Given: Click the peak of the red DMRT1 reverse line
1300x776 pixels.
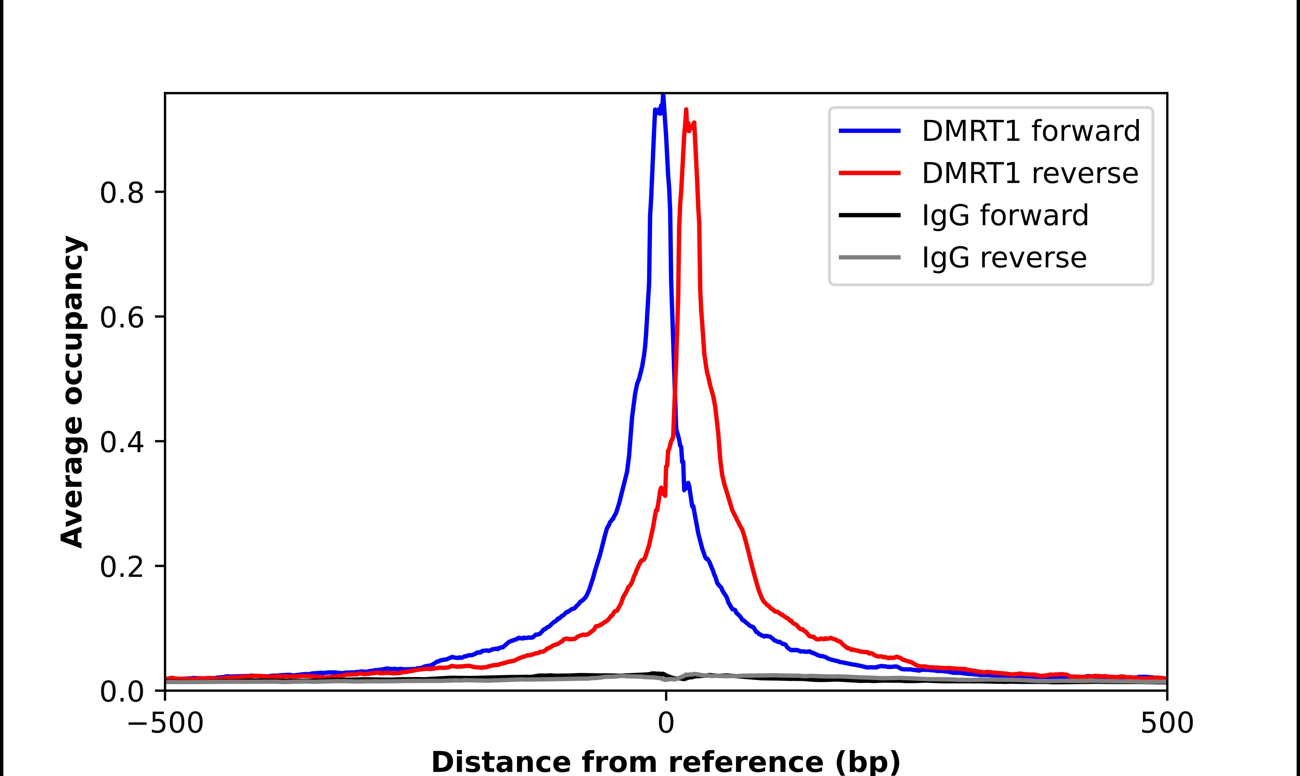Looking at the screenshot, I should click(x=686, y=110).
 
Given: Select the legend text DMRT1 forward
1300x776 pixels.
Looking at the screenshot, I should click(x=1031, y=131).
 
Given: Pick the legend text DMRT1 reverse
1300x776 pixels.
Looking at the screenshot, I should click(x=1030, y=173).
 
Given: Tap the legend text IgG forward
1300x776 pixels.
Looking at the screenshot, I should click(x=1005, y=216).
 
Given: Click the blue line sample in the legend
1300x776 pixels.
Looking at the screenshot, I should click(x=869, y=131).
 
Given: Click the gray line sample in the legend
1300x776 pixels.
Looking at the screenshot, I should click(x=869, y=257).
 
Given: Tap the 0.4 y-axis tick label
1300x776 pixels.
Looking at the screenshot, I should click(x=121, y=442).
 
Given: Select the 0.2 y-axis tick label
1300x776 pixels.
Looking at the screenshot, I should click(x=121, y=567).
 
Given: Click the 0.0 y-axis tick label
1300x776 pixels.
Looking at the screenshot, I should click(x=121, y=692).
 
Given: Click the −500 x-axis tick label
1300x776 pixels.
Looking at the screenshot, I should click(x=166, y=724).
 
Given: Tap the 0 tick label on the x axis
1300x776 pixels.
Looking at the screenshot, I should click(x=665, y=724).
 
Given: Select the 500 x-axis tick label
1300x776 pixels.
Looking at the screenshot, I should click(x=1167, y=724).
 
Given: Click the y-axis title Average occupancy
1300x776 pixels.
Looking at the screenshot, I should click(x=72, y=392).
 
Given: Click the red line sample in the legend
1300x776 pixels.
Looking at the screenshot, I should click(x=869, y=173).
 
